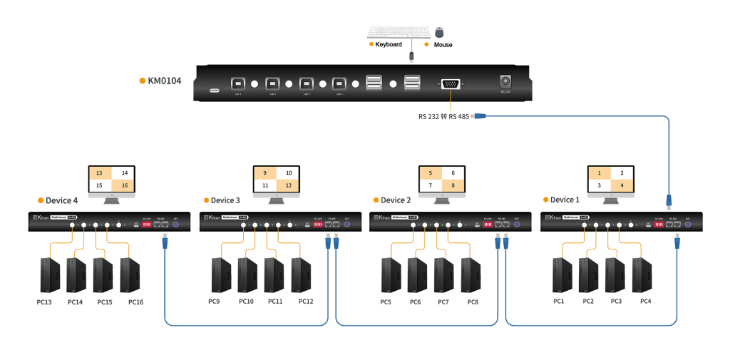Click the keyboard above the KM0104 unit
pos(399,31)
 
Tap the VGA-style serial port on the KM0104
pos(451,84)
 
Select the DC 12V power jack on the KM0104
pos(507,82)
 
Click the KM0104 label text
pos(164,81)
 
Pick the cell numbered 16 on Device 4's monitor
pos(125,185)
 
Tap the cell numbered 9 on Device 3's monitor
pos(265,173)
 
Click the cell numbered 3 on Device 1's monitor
pos(600,185)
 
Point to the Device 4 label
pos(62,200)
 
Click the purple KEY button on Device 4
pos(176,224)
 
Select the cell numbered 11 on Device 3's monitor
pos(265,185)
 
